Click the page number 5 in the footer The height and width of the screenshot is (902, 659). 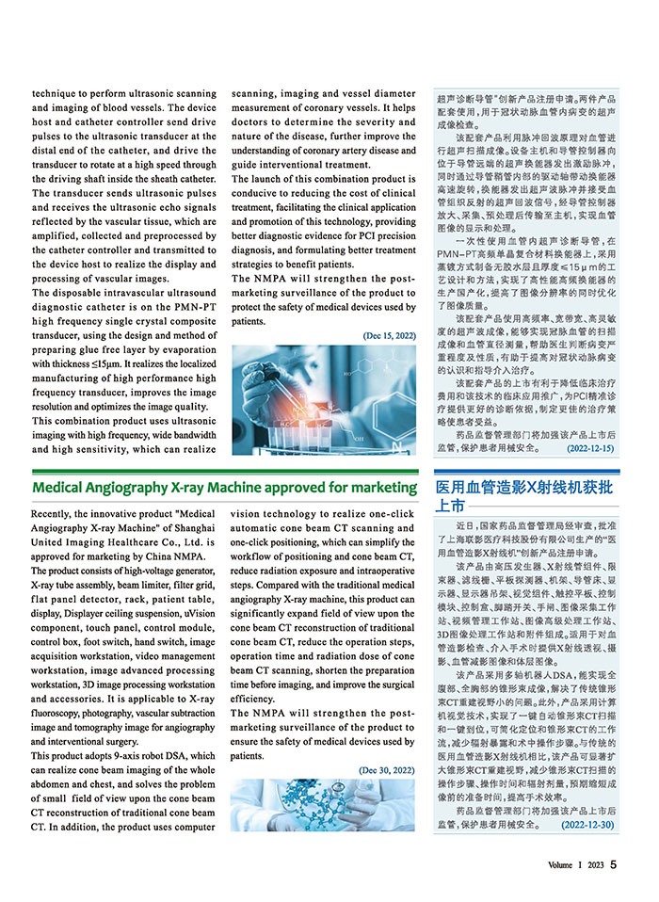[x=613, y=863]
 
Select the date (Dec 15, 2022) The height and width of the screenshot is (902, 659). [x=389, y=335]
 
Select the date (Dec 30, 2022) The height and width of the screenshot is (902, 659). [x=387, y=770]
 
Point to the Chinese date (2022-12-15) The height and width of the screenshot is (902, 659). [x=590, y=449]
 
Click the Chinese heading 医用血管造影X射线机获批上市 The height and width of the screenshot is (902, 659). [x=524, y=496]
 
